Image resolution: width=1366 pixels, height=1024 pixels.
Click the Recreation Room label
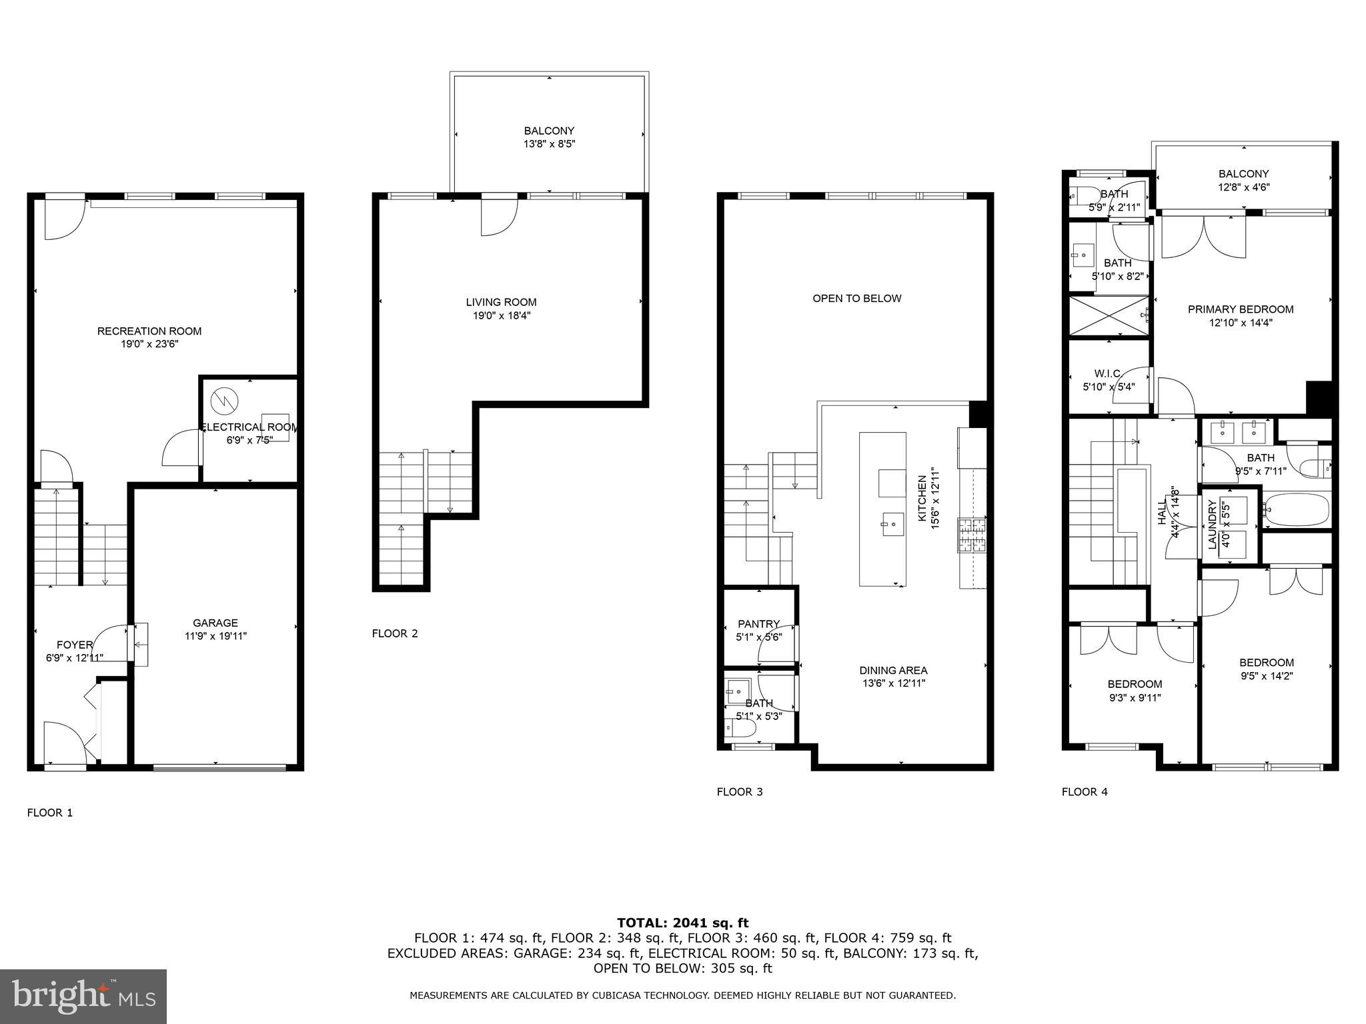149,331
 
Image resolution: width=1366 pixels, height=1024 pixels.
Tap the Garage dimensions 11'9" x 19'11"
215,636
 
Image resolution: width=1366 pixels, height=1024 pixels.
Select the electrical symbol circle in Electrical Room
223,401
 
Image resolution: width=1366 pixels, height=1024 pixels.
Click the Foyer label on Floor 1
74,645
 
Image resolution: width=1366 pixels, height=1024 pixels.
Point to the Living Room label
501,302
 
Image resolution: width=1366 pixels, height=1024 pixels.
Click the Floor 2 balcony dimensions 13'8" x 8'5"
549,144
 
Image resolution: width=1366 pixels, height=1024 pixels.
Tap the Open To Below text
856,298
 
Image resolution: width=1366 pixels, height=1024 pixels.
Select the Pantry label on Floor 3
758,624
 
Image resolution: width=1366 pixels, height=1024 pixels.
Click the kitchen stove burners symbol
972,535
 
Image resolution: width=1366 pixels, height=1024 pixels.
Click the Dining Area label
893,670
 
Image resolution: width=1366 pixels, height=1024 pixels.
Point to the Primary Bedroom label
1240,309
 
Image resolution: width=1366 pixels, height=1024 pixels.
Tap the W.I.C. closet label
1108,373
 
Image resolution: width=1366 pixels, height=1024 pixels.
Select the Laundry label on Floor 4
1213,525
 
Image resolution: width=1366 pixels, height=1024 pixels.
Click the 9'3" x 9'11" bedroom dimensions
1135,698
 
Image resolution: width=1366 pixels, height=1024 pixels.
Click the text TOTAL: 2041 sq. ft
682,923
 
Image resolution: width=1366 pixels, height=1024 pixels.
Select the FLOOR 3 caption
739,792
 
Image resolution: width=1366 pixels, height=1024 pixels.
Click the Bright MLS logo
83,996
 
